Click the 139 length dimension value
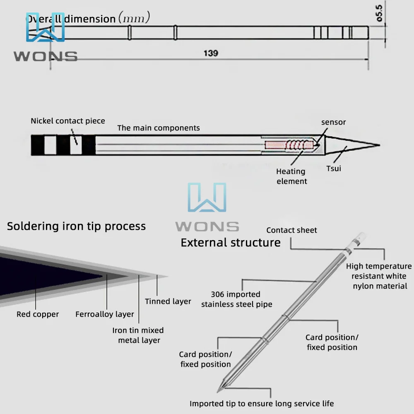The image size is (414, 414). (x=211, y=53)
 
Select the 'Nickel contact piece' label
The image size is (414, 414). (x=68, y=121)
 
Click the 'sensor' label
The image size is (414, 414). (x=333, y=122)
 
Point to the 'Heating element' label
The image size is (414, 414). (x=291, y=176)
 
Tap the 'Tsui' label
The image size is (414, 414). (x=333, y=168)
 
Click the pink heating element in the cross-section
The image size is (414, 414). (x=276, y=146)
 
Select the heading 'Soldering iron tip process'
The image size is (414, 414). (x=76, y=226)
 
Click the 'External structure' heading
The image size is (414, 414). (x=231, y=243)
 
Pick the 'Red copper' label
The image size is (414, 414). (x=38, y=314)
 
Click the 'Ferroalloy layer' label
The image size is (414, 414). (x=105, y=314)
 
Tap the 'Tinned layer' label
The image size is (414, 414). (x=168, y=301)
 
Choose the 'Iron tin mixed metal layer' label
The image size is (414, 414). (x=138, y=335)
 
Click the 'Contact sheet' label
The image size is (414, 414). (x=291, y=230)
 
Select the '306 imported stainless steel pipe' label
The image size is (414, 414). (x=236, y=299)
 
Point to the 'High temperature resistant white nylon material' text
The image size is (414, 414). (x=379, y=276)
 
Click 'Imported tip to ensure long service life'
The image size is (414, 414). (x=262, y=403)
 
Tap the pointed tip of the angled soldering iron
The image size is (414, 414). (x=219, y=391)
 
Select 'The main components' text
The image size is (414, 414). (x=159, y=128)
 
